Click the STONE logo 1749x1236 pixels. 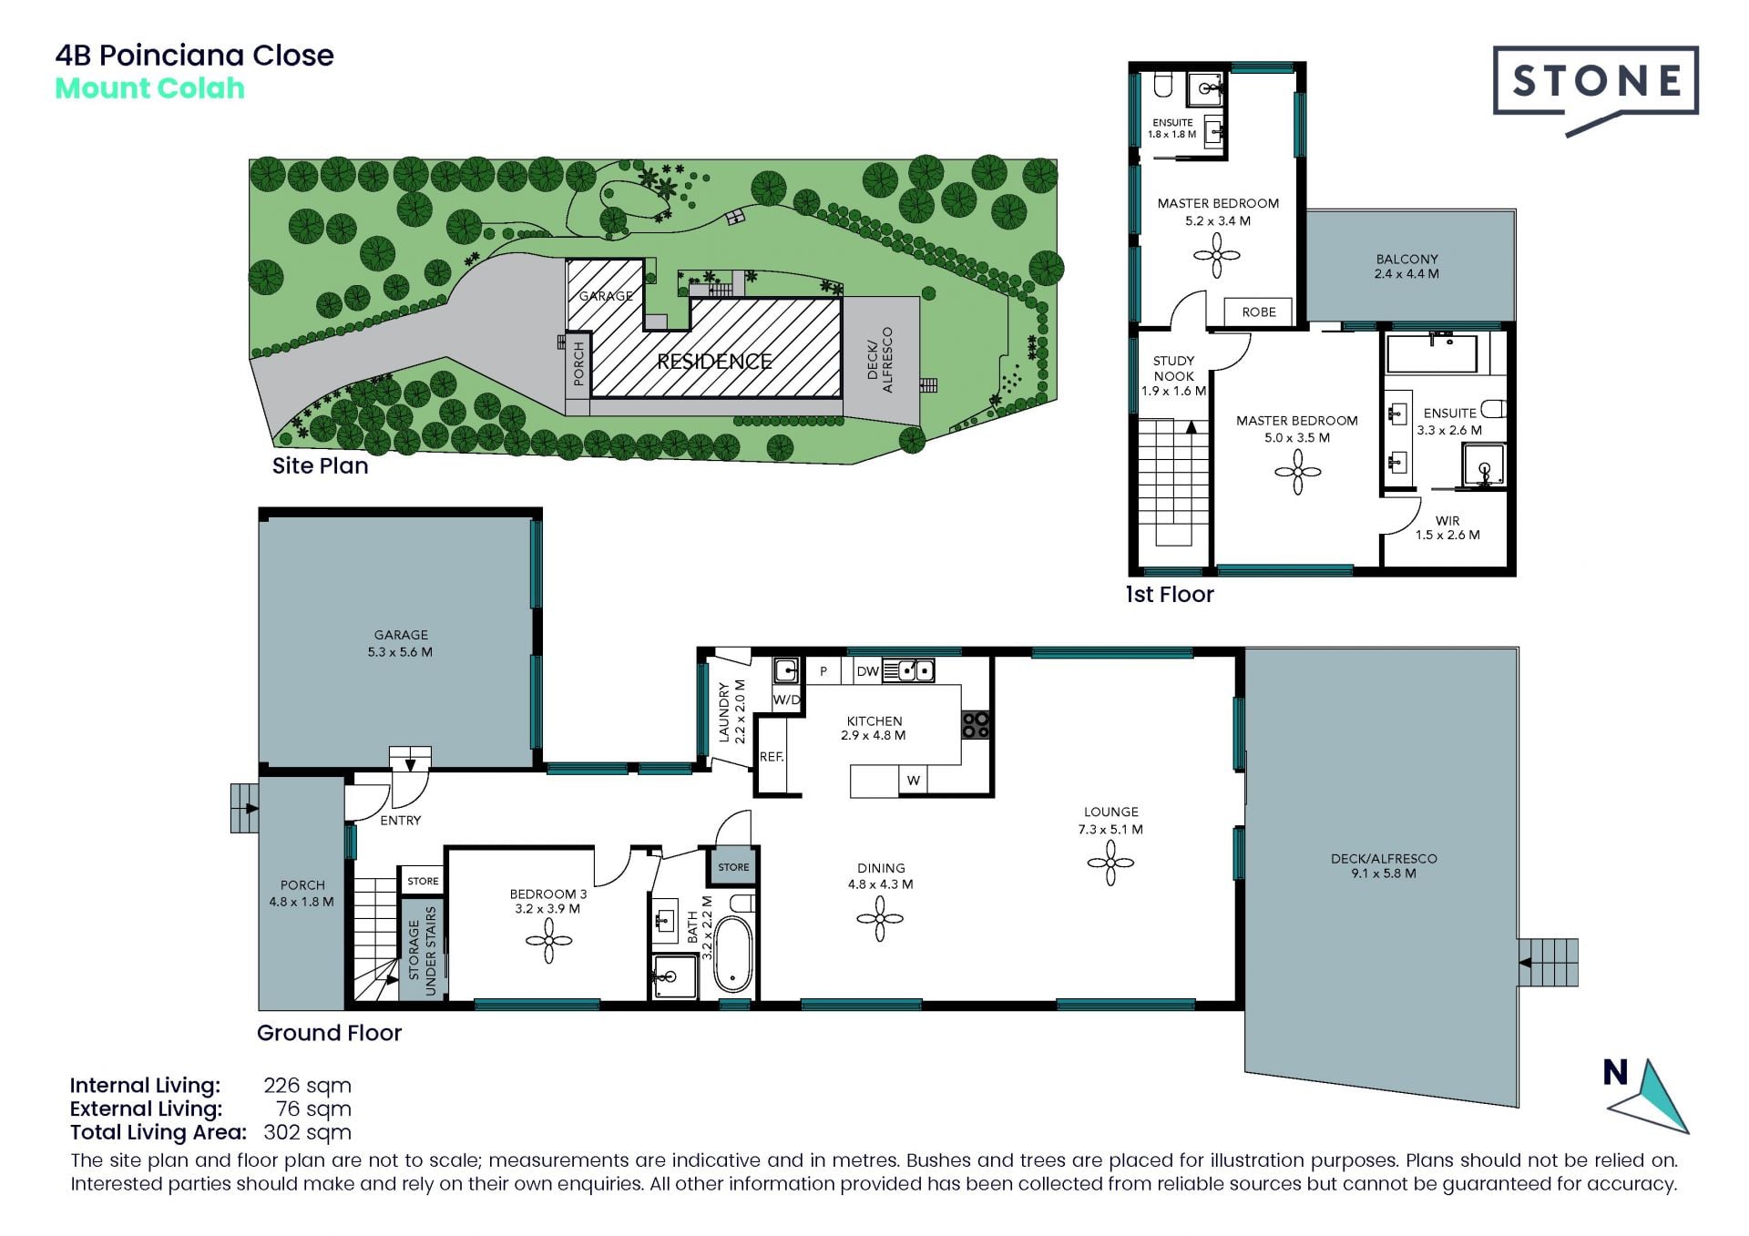[1595, 87]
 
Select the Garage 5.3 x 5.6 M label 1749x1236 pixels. [400, 643]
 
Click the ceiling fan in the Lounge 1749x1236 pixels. [1110, 863]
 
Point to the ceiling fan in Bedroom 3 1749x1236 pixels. [548, 940]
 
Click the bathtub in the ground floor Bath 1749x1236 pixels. [732, 954]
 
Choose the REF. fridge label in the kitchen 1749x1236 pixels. [772, 757]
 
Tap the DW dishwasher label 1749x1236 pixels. [868, 671]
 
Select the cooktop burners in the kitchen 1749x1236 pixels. [976, 724]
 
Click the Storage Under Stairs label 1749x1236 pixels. [423, 950]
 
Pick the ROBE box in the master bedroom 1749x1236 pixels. [1258, 312]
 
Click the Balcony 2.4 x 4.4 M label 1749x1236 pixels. [1406, 266]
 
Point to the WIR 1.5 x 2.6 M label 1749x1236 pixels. [1447, 528]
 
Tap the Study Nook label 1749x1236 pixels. [1173, 375]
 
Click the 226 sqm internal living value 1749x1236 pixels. [307, 1086]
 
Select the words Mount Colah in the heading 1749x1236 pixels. [150, 88]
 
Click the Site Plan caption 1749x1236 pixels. [321, 465]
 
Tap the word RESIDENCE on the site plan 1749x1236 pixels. [714, 362]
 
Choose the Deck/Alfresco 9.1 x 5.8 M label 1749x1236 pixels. [1384, 865]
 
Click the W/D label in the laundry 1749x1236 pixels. [786, 700]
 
